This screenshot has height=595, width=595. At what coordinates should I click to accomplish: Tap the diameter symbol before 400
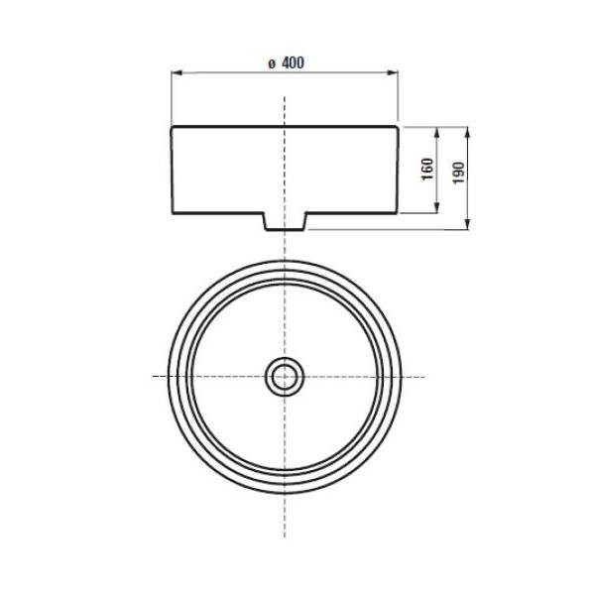(271, 64)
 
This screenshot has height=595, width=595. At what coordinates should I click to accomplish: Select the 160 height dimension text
(426, 170)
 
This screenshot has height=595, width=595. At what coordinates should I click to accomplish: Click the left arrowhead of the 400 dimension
(177, 73)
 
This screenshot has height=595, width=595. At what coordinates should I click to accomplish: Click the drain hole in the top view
(285, 376)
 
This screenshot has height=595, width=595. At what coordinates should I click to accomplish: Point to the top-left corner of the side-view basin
(174, 127)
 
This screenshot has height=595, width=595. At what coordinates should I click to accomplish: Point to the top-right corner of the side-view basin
(398, 127)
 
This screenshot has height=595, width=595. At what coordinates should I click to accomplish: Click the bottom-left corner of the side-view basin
(174, 213)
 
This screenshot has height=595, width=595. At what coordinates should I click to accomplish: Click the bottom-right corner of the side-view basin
(398, 213)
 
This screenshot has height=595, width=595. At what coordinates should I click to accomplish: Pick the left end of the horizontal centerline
(152, 377)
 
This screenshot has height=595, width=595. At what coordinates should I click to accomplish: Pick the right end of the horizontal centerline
(424, 377)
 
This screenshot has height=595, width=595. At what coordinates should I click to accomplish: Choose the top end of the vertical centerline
(285, 97)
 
